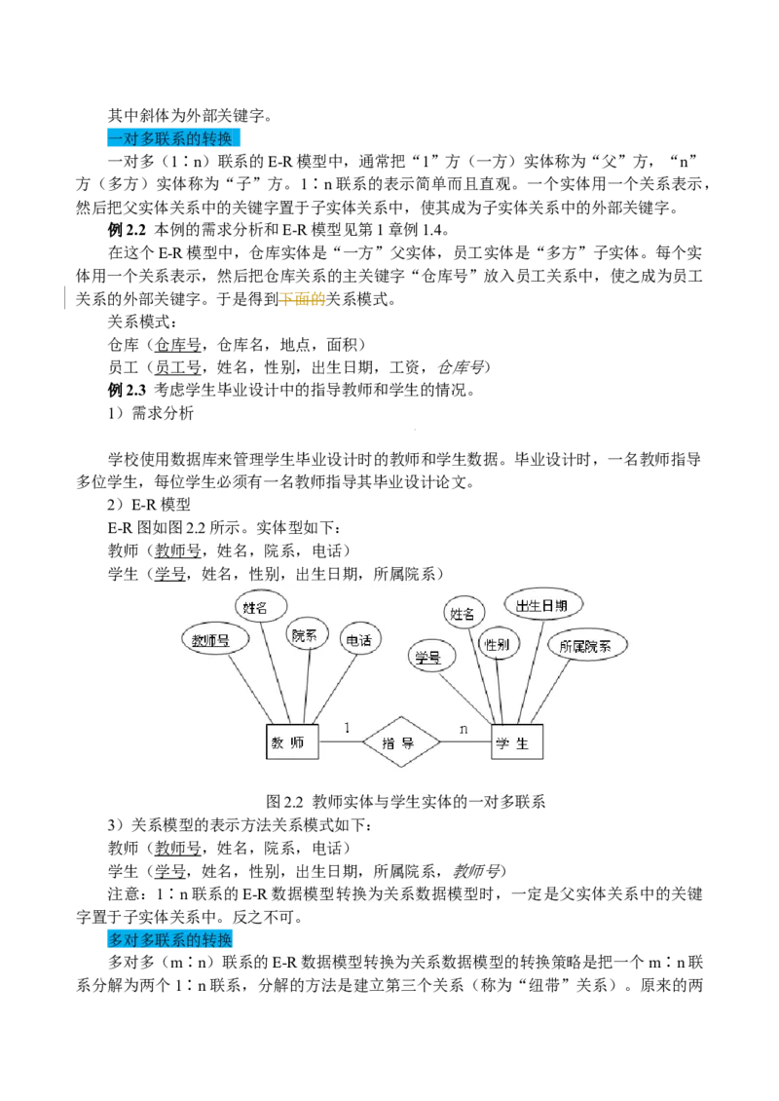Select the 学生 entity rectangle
[517, 742]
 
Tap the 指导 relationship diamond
[401, 743]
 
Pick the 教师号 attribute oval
[215, 640]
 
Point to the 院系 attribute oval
[310, 635]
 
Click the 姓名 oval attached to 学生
[464, 614]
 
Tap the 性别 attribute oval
[499, 644]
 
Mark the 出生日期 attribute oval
[548, 605]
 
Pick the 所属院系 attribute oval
[587, 645]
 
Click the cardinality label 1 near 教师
[348, 727]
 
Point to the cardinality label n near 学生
[464, 728]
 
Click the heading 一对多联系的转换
[171, 139]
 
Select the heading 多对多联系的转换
[169, 940]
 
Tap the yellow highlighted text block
[303, 300]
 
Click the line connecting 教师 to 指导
[340, 743]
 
